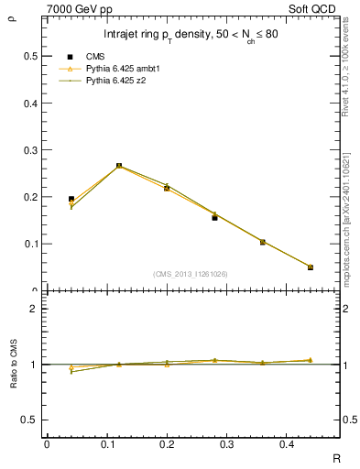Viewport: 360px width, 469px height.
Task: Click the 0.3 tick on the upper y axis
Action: click(x=31, y=150)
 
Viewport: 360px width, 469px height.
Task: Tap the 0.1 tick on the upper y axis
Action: click(x=31, y=244)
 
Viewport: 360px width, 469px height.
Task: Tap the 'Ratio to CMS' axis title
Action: click(x=13, y=362)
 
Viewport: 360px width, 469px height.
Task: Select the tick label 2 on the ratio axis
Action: click(x=34, y=309)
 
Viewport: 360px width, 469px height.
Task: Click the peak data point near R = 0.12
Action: click(x=119, y=166)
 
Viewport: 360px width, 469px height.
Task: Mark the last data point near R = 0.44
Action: click(x=310, y=267)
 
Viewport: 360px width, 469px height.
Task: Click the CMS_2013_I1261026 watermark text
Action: click(x=190, y=274)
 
